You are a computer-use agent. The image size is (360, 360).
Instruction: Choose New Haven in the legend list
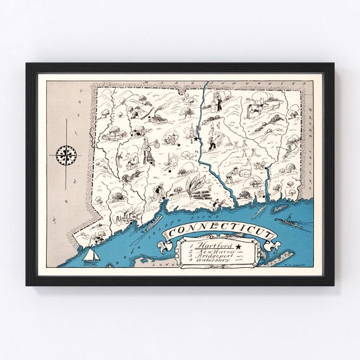(x=212, y=251)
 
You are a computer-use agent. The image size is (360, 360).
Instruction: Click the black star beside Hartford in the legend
(x=238, y=246)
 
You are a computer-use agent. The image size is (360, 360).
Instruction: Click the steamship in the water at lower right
(x=288, y=222)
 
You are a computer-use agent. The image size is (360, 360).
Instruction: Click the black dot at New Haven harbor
(x=164, y=201)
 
